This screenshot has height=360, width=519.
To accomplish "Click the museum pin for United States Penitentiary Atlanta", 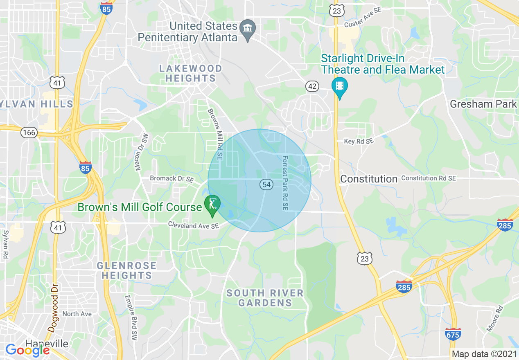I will click(x=247, y=29).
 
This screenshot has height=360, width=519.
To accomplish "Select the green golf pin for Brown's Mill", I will click(x=212, y=204).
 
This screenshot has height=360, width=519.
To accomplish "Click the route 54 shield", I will click(x=266, y=184).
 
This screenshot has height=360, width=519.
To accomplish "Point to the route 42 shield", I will click(x=312, y=86).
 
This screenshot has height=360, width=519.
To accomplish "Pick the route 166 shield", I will click(x=29, y=133).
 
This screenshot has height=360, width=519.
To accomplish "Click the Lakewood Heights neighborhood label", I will click(x=191, y=73).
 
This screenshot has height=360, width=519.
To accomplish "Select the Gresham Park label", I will click(x=483, y=104).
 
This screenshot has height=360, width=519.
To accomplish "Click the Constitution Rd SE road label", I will click(x=428, y=178).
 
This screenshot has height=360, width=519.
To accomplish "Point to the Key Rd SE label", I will click(x=359, y=141).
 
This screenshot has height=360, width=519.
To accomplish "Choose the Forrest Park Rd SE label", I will click(x=285, y=183).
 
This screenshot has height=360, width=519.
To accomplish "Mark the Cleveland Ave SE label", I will click(x=194, y=225).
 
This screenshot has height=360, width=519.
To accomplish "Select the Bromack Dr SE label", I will click(x=171, y=178).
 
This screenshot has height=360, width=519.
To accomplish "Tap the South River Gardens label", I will click(x=265, y=298).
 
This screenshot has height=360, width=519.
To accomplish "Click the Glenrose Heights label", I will click(x=126, y=270).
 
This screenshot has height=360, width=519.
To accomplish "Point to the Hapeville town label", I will click(x=47, y=344).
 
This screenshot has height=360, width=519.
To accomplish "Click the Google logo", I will click(x=27, y=350).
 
